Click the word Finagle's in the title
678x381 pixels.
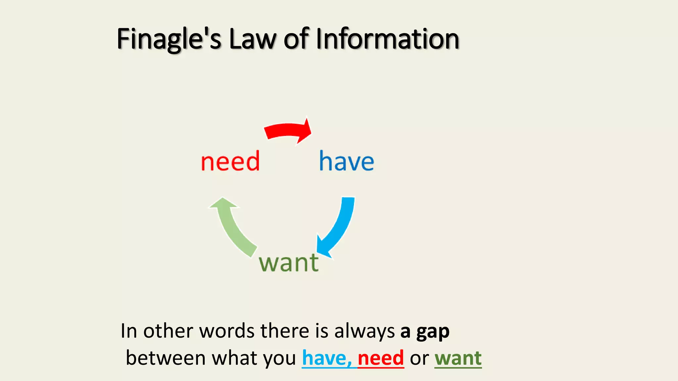pyautogui.click(x=169, y=39)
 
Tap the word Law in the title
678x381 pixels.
pyautogui.click(x=253, y=39)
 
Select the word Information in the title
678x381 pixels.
pyautogui.click(x=387, y=39)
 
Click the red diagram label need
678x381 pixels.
pyautogui.click(x=230, y=161)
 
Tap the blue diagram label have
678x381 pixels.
pyautogui.click(x=346, y=161)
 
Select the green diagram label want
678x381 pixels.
pyautogui.click(x=289, y=263)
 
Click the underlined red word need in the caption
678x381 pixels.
pyautogui.click(x=381, y=358)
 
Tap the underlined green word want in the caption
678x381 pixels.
pyautogui.click(x=458, y=358)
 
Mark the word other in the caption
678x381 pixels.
pyautogui.click(x=168, y=331)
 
